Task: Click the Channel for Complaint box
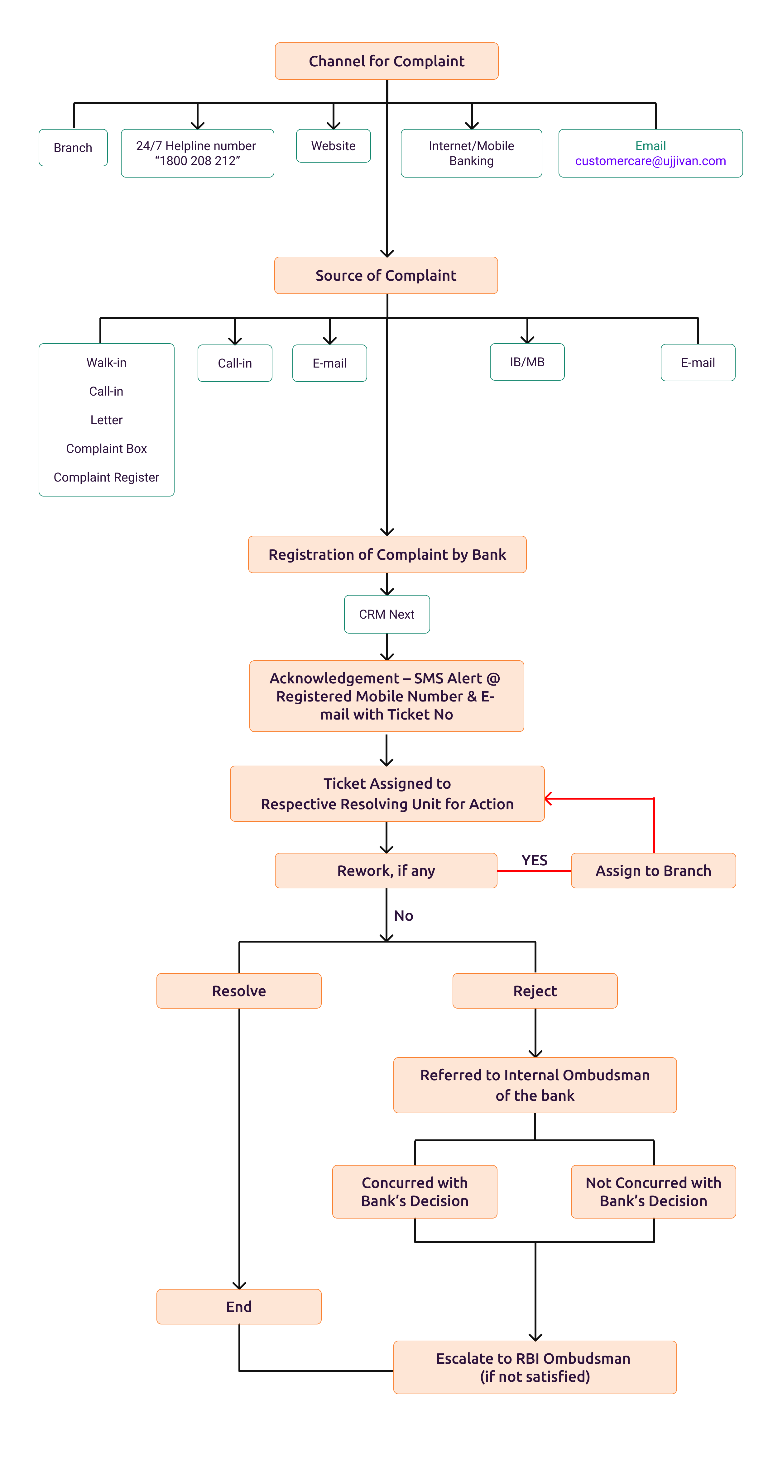point(386,61)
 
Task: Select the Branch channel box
point(73,148)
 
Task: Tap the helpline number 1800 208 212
point(197,161)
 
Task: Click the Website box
point(333,146)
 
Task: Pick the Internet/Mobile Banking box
point(471,154)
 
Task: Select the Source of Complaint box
point(386,276)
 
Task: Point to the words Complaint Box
point(107,449)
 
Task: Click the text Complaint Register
point(107,478)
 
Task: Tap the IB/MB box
point(527,362)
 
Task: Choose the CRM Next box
point(386,615)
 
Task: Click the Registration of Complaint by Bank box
point(387,554)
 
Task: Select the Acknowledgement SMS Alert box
point(386,696)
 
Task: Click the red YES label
point(534,860)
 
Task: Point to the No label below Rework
point(404,916)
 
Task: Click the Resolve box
point(238,991)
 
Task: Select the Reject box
point(535,991)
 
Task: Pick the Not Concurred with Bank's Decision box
point(653,1192)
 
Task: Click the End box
point(238,1307)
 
